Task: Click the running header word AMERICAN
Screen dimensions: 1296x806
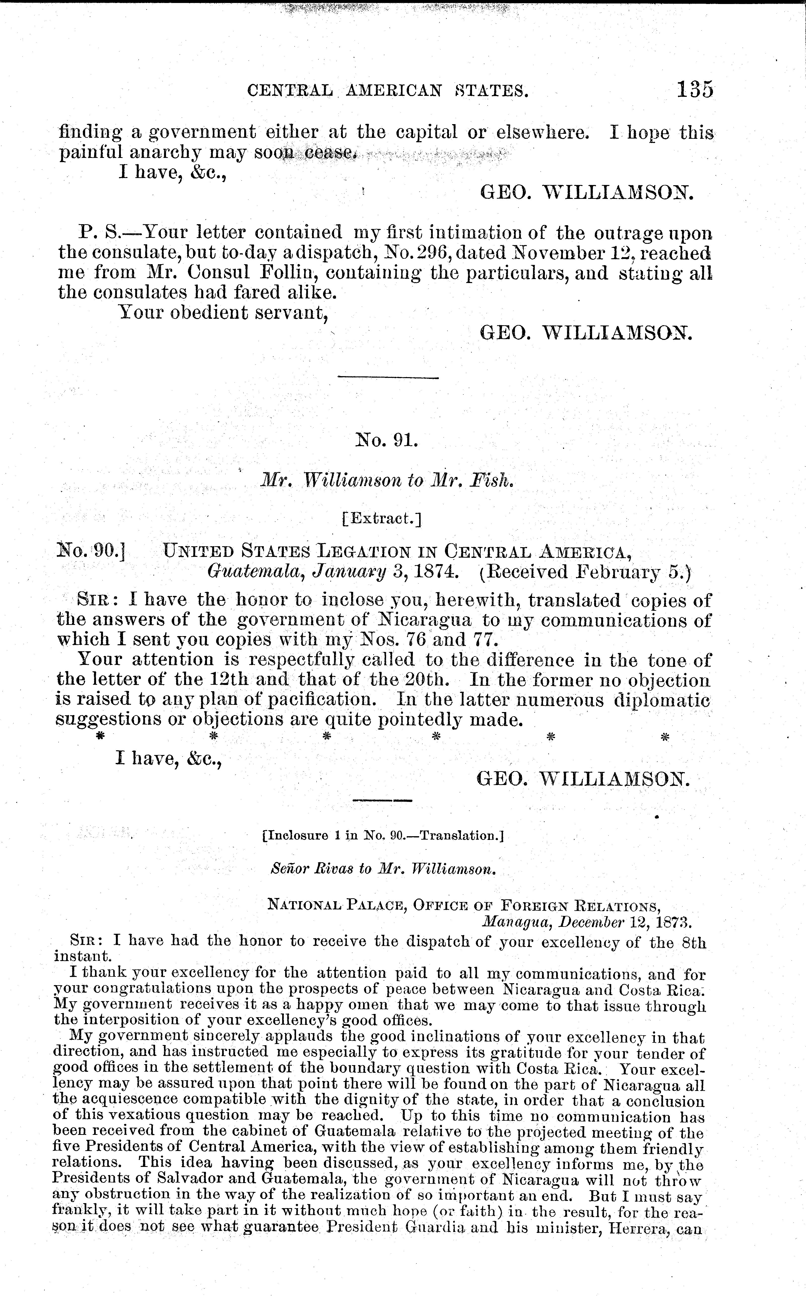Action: point(395,92)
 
